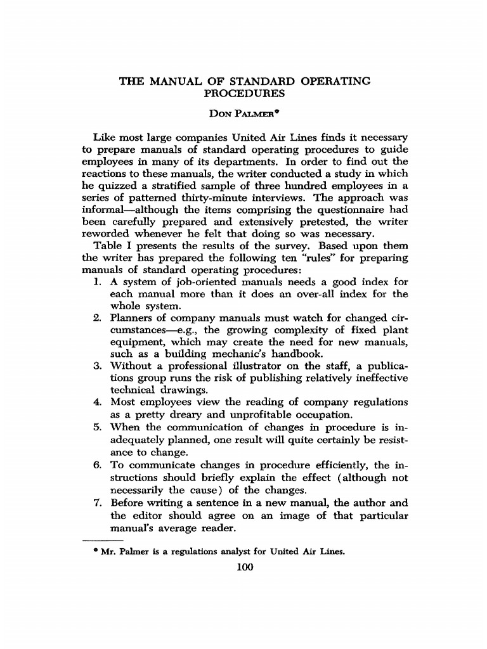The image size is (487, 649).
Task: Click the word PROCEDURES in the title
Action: (244, 93)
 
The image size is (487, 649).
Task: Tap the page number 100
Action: (244, 567)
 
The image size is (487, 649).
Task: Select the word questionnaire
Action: (341, 210)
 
